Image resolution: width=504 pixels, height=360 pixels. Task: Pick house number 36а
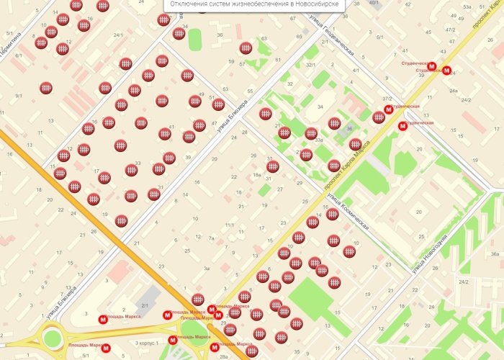(x=494, y=254)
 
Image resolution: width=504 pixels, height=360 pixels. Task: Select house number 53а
(x=467, y=6)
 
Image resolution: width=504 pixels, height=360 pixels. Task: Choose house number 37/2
(x=387, y=99)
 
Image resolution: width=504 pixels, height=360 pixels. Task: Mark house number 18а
(x=256, y=175)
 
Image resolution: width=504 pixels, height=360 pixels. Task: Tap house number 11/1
(x=229, y=225)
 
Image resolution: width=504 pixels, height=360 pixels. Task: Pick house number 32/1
(x=311, y=66)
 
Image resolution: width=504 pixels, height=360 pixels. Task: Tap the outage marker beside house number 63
(x=246, y=48)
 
